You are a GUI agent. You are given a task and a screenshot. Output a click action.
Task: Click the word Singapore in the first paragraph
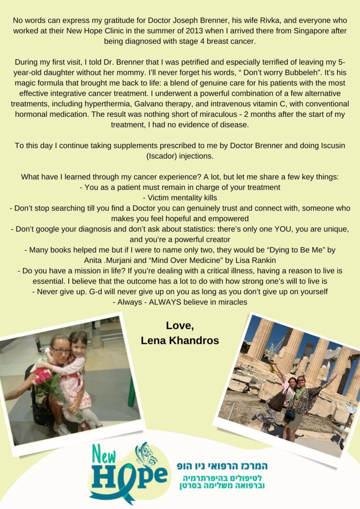pyautogui.click(x=296, y=30)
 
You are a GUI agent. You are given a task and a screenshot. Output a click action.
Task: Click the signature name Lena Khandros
pyautogui.click(x=180, y=341)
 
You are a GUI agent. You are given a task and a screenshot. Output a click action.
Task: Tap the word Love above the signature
pyautogui.click(x=180, y=325)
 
